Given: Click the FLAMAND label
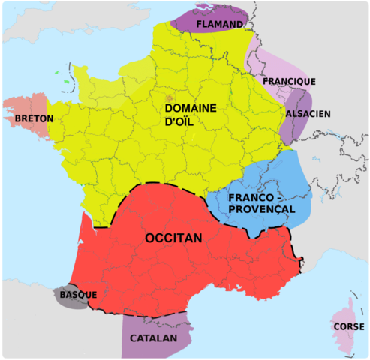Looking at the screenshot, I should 219,25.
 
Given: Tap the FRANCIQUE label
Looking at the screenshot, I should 289,81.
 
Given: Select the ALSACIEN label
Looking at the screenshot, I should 308,114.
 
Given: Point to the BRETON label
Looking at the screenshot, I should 34,118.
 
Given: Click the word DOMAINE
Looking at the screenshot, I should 191,108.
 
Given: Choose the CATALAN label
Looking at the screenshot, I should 153,338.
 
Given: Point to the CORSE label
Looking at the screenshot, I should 349,327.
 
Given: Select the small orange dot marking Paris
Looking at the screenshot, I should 170,98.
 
